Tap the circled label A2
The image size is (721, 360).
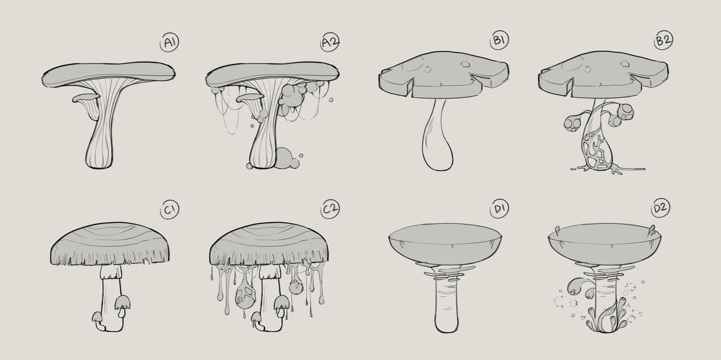(x=330, y=42)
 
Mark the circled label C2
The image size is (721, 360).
(x=330, y=210)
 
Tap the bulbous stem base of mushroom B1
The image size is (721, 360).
(x=437, y=154)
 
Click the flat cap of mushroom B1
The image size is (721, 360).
(x=444, y=73)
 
